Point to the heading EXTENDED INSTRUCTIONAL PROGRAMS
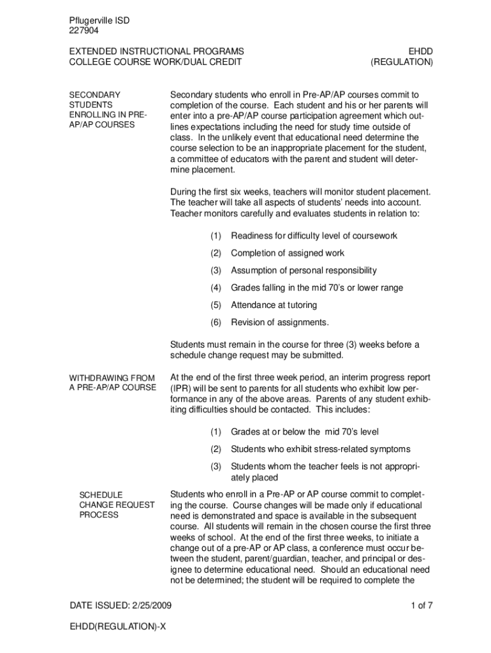[x=156, y=51]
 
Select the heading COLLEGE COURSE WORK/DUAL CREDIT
[x=155, y=62]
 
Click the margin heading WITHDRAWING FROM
[x=112, y=378]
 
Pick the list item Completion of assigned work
[x=288, y=253]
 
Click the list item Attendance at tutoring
[x=278, y=305]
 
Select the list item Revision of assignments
[x=280, y=322]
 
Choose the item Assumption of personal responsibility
[x=304, y=270]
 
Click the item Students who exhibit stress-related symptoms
[x=321, y=449]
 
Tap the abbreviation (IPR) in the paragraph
[x=180, y=388]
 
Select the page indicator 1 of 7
[x=422, y=605]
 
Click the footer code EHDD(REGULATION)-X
[x=118, y=627]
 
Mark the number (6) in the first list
[x=216, y=322]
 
